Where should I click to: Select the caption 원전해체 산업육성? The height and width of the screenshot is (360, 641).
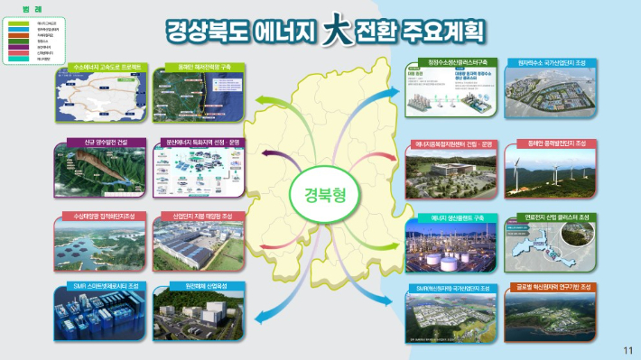(200, 287)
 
